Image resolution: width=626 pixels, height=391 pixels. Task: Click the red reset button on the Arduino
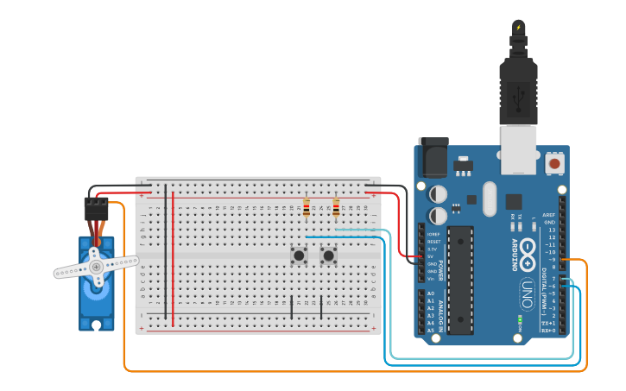554,162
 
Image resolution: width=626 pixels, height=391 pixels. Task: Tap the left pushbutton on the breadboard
299,255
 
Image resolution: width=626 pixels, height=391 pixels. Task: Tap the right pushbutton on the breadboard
328,255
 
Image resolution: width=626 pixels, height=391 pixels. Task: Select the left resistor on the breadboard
307,207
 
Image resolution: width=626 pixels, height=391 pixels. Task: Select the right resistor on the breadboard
336,208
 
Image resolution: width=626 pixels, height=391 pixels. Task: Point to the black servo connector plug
95,208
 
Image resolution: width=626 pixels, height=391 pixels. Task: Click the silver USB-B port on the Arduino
518,148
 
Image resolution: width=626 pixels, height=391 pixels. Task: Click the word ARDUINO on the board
515,256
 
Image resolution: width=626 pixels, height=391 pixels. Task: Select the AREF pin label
549,215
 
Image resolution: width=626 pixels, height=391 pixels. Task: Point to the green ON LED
521,318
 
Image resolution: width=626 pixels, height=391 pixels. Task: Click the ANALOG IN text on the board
440,316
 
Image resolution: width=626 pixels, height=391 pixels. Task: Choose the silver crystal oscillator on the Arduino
490,198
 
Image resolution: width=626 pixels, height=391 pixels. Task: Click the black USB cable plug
518,86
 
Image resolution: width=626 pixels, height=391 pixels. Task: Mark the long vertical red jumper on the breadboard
173,259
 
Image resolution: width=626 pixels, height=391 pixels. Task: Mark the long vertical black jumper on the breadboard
166,250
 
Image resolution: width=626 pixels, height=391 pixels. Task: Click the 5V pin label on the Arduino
431,256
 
